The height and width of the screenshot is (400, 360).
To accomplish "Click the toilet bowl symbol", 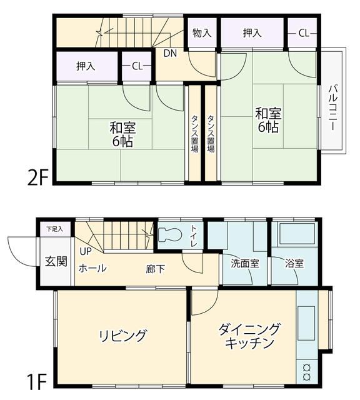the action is click(169, 234).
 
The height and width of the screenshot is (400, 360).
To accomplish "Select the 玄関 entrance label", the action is click(56, 261).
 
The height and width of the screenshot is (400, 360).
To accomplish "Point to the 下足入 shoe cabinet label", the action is click(54, 229).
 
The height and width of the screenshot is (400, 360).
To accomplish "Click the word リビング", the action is click(123, 336).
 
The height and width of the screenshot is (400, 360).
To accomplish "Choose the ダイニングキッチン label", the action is click(249, 336).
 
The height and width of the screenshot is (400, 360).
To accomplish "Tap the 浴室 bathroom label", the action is click(294, 264).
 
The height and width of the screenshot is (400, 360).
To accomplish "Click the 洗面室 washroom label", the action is click(245, 264).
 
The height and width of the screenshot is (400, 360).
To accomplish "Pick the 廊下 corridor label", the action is click(156, 269).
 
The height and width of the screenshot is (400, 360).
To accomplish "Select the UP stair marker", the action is click(86, 251).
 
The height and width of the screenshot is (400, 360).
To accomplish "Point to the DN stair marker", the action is click(170, 54).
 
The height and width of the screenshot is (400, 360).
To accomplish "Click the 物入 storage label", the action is click(202, 33).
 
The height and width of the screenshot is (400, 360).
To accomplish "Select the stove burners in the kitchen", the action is click(307, 372).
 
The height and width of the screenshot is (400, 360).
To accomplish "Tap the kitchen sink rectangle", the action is click(306, 323).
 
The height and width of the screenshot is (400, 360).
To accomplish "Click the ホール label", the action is click(92, 268).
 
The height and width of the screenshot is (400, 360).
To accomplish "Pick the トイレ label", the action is click(194, 236).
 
